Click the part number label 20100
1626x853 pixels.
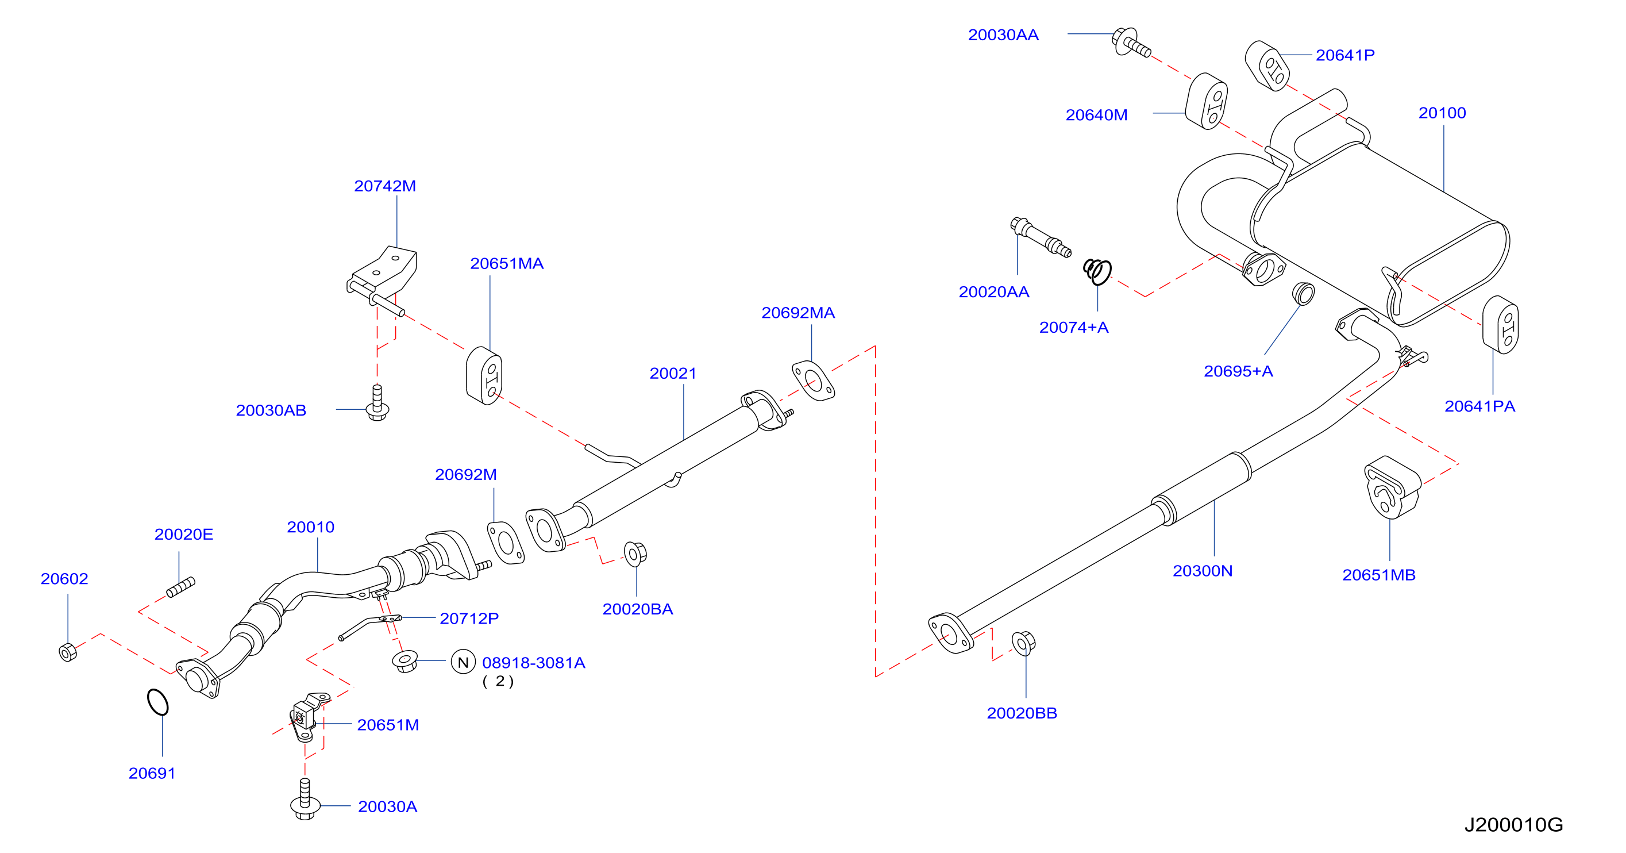1442,113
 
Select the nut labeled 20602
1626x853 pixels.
68,652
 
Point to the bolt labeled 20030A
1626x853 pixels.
305,800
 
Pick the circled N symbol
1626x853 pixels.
463,662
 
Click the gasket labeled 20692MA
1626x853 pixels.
813,381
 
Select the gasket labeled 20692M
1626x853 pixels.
506,543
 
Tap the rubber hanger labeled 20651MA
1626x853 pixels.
484,376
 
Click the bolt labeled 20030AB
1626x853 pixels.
377,404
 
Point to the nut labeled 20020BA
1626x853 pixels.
635,554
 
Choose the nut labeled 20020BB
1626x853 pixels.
1023,643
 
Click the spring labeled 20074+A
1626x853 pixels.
1097,271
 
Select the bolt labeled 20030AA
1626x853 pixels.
1131,43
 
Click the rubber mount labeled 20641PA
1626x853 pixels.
1500,325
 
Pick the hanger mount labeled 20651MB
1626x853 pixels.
1392,487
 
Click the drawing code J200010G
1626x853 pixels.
1513,825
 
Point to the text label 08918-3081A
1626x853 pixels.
533,662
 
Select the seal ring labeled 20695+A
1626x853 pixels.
1303,294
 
